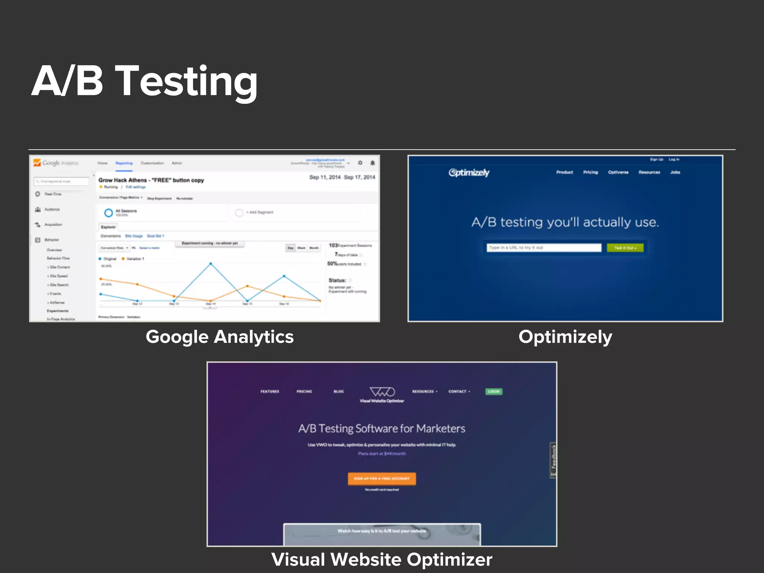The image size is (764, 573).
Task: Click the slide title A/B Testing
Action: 145,81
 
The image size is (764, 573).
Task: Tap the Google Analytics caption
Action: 219,337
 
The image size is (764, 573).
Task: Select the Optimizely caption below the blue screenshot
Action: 565,337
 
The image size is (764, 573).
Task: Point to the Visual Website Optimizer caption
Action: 382,559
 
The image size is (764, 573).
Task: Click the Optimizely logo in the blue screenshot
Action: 469,173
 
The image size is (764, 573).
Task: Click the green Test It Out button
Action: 625,248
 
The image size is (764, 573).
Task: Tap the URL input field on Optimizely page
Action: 544,248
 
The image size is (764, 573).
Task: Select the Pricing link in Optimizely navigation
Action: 591,172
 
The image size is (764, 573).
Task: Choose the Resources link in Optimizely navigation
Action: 649,172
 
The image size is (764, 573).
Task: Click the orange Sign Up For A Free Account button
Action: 382,478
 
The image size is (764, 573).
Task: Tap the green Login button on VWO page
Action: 494,391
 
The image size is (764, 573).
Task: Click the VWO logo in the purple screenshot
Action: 382,392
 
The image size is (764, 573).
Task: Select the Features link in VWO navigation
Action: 270,391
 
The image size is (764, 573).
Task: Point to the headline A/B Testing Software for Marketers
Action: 382,429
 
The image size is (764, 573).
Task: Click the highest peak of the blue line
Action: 211,264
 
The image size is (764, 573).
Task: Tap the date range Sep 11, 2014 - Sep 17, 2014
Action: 342,177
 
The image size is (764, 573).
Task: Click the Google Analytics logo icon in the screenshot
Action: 37,163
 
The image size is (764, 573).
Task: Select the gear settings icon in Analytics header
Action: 360,163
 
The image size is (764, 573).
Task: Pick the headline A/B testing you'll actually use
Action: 565,222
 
